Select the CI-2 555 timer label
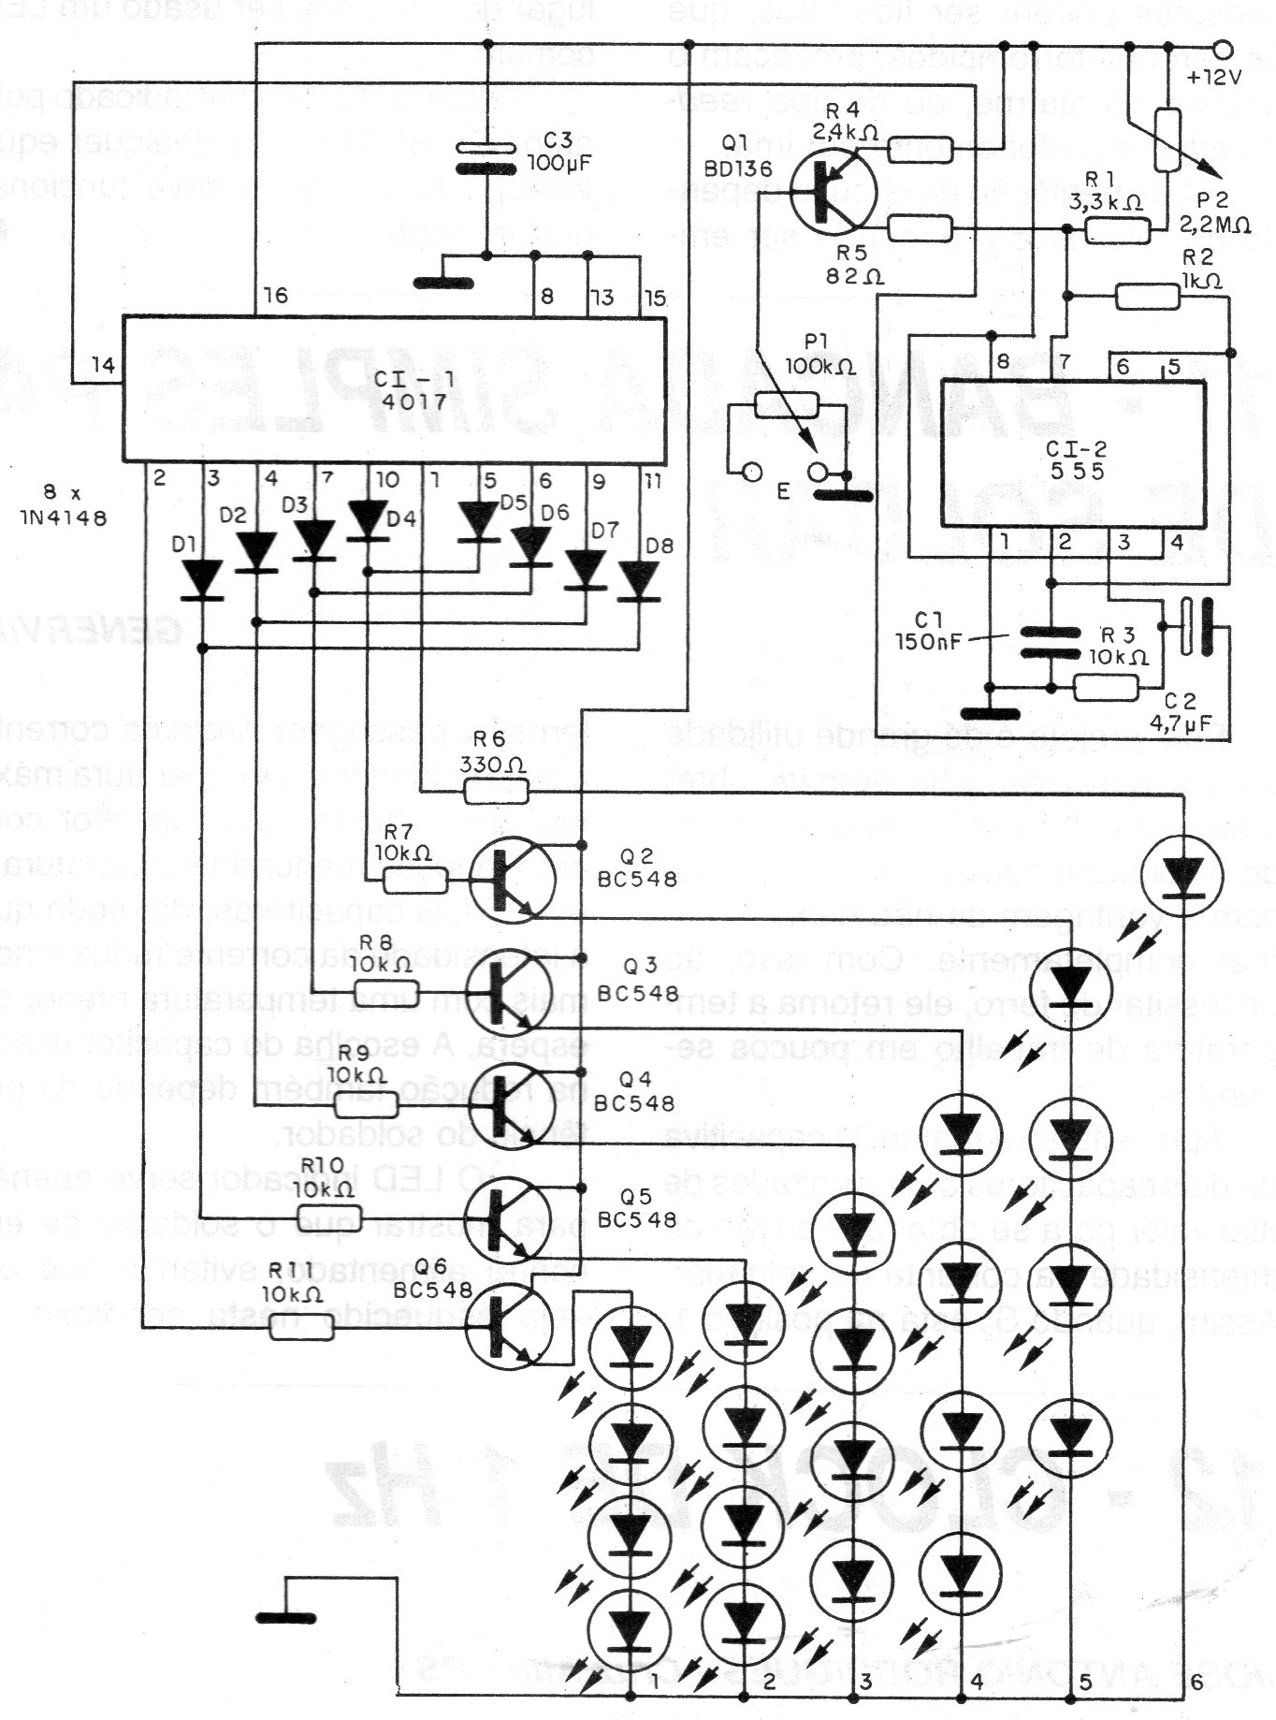(x=1076, y=458)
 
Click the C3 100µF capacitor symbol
(x=486, y=158)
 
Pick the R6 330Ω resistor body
(x=497, y=793)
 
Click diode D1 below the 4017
(x=202, y=580)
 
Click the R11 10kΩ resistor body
(x=301, y=1330)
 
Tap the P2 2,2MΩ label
(x=1215, y=212)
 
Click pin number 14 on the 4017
(x=102, y=366)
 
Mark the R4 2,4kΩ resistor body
(x=920, y=149)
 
